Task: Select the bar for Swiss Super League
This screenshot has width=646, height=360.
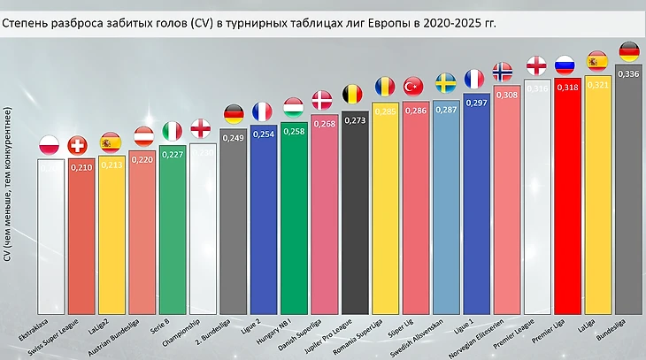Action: [x=81, y=234]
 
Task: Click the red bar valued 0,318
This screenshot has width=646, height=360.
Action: [x=567, y=195]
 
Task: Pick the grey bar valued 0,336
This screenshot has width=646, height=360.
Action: [x=628, y=190]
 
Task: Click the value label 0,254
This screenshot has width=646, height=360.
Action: [x=264, y=134]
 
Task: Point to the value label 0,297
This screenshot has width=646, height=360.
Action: [x=476, y=103]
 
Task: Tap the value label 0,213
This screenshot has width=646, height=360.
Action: [x=111, y=165]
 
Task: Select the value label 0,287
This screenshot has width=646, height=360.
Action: [x=446, y=110]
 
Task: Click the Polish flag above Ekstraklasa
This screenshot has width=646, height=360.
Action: [x=50, y=145]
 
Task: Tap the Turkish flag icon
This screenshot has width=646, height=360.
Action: [x=414, y=87]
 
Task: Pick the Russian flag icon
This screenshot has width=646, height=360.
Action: [x=566, y=65]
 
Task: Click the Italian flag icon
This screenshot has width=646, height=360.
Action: [x=172, y=132]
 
